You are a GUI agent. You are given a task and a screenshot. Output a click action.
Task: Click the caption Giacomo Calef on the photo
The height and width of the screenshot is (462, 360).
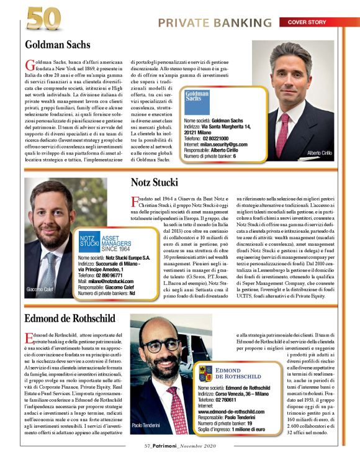(x=42, y=289)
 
